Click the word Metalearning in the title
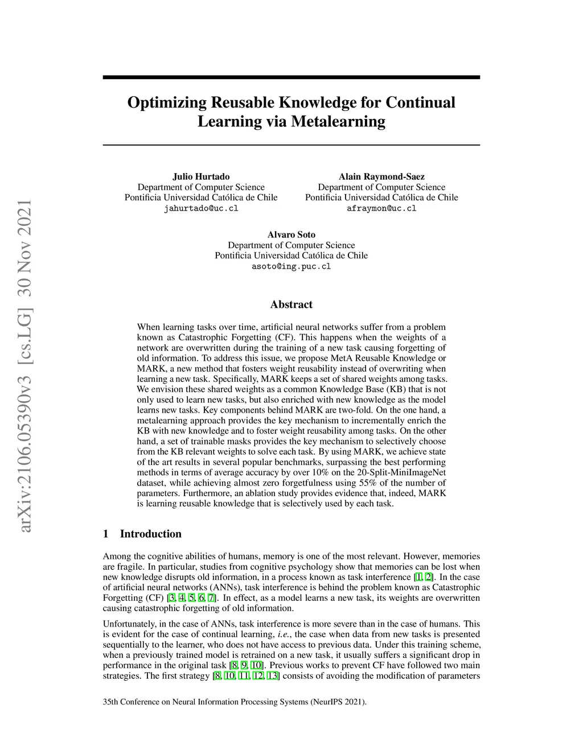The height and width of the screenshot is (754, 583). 338,122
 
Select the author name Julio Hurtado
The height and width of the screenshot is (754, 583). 201,176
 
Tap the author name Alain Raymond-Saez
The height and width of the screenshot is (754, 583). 381,176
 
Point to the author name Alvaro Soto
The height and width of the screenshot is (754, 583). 291,234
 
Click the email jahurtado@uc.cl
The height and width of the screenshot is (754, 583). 201,208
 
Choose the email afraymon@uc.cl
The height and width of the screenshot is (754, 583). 381,208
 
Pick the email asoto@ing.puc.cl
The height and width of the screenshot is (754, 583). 291,266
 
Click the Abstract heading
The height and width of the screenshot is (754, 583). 291,304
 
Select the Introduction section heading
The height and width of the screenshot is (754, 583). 150,534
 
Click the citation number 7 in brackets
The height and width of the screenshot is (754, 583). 211,598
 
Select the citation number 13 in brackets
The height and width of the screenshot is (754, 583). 273,676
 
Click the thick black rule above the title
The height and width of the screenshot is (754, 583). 291,77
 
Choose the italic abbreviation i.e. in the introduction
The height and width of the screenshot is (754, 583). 284,634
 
